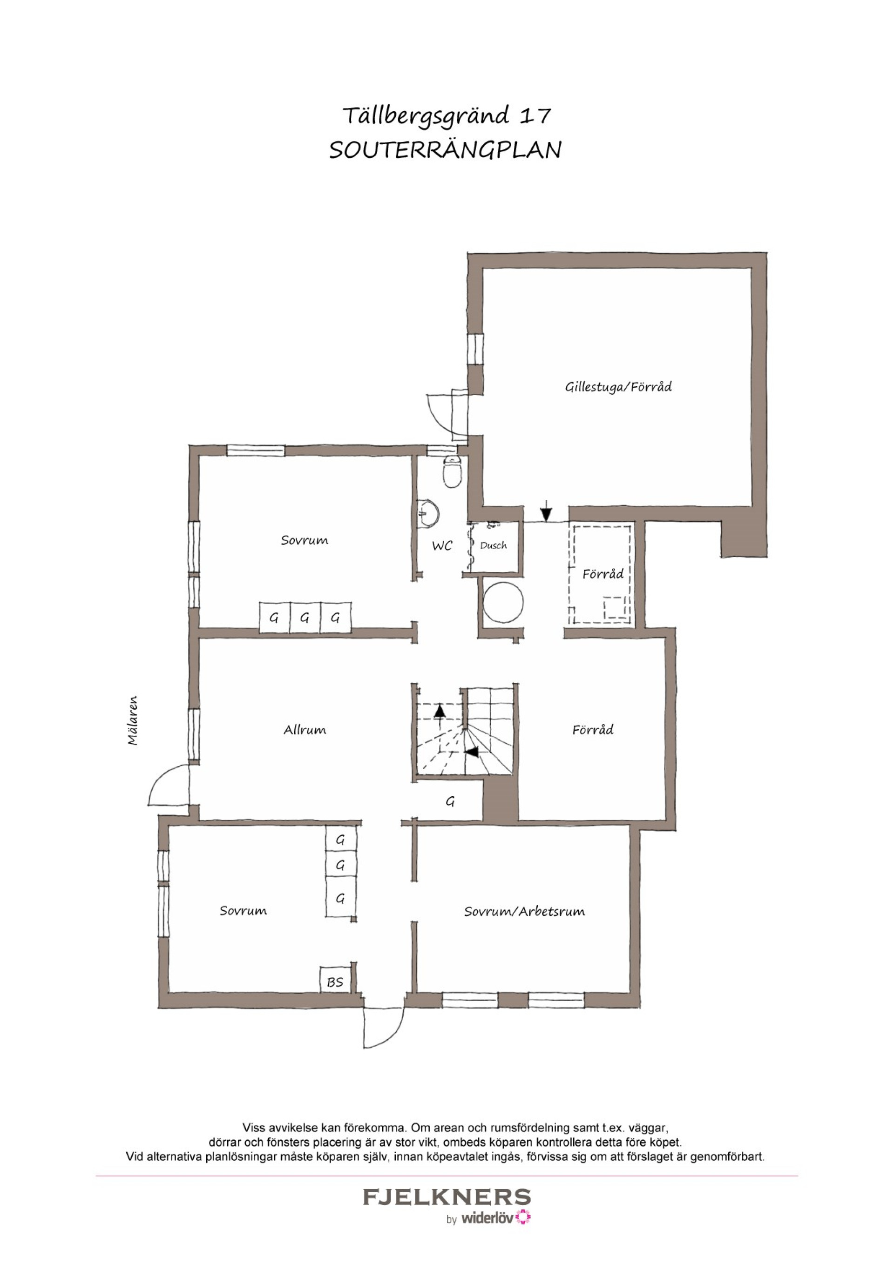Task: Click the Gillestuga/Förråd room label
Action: coord(618,387)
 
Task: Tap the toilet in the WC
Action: coord(452,472)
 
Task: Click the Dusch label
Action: coord(493,545)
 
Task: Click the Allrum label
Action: coord(305,730)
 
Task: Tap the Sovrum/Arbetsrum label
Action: coord(524,911)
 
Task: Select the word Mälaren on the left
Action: coord(133,720)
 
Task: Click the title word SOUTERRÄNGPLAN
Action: coord(445,150)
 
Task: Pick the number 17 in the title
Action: coord(535,115)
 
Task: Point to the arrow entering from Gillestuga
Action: coord(545,511)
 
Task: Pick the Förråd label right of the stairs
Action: coord(593,730)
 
